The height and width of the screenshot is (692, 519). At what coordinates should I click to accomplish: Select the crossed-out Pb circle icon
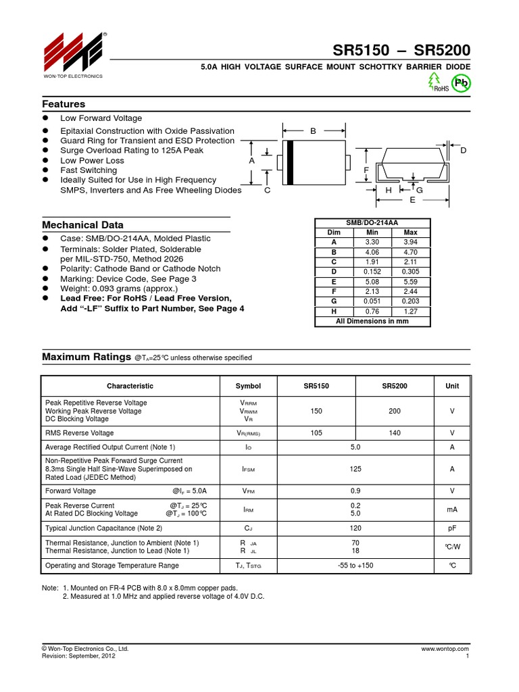462,83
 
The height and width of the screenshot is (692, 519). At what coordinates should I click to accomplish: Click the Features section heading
64,104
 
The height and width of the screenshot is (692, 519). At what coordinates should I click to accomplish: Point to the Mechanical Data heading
82,224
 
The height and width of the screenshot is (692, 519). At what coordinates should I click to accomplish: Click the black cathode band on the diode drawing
291,162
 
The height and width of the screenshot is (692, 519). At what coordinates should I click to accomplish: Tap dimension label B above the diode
313,131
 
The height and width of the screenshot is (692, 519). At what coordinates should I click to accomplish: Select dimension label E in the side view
412,201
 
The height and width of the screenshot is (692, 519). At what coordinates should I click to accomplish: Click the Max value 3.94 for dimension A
410,241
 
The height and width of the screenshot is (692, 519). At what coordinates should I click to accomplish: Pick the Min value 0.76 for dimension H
372,312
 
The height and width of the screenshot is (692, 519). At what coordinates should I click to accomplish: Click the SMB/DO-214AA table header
372,222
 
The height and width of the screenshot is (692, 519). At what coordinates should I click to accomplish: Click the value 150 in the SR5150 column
316,411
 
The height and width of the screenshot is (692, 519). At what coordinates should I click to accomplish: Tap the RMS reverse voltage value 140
395,432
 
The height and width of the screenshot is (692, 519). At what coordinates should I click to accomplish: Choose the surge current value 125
355,468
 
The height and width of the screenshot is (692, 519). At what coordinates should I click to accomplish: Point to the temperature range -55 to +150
355,565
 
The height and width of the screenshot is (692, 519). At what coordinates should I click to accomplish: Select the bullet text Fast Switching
89,170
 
